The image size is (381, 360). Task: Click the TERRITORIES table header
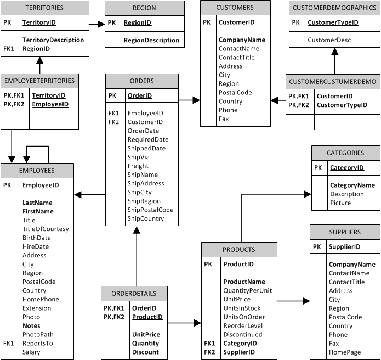pos(44,8)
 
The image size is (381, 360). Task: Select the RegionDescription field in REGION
pos(151,40)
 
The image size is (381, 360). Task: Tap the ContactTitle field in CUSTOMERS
pos(236,58)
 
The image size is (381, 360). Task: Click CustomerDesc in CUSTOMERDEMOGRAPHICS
pos(329,40)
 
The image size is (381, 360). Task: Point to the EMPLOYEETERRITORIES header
pos(39,81)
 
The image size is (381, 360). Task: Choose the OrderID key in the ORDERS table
pos(139,95)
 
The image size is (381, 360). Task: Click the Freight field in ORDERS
pos(138,166)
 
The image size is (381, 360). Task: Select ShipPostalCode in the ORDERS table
pos(150,210)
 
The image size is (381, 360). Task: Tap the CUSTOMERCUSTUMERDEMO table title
pos(333,82)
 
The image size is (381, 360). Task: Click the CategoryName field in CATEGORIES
pos(352,185)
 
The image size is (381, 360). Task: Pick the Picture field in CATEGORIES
pos(340,203)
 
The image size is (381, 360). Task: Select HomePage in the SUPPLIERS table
pos(345,352)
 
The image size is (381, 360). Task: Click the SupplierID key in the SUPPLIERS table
pos(344,247)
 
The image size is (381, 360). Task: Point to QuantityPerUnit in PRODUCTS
pos(247,290)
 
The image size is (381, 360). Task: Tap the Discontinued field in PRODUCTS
pos(242,334)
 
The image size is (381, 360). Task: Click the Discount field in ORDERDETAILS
pos(145,352)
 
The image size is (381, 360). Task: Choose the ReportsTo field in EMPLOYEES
pos(37,344)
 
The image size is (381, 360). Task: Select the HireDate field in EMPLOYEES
pos(36,246)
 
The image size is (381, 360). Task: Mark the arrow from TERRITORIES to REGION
pos(96,24)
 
